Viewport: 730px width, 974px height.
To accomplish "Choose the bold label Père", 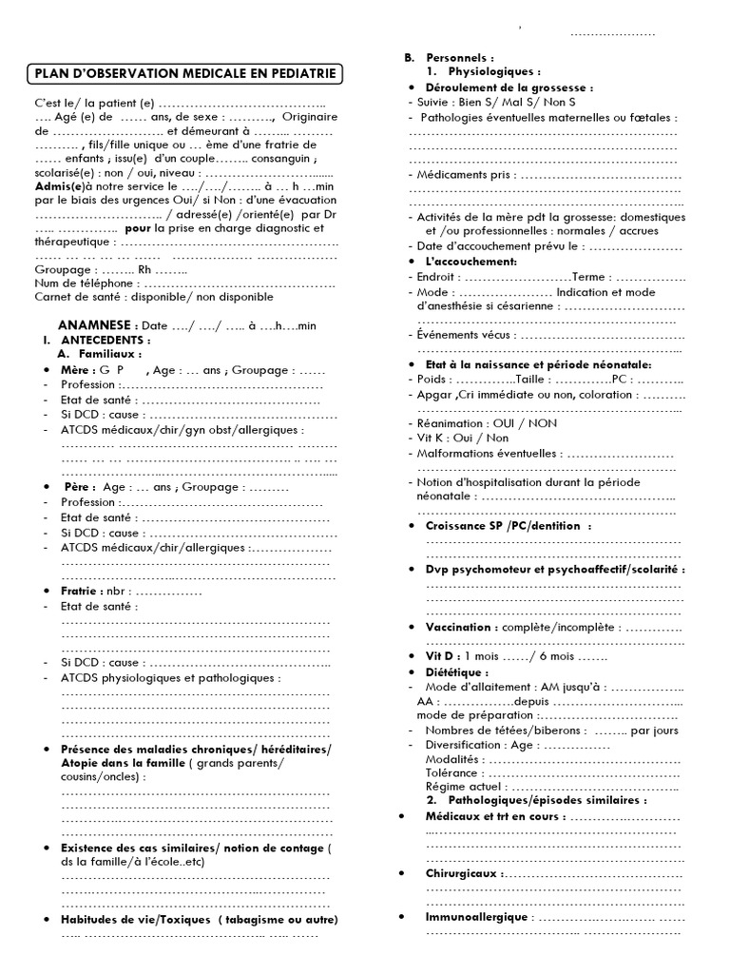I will (76, 486).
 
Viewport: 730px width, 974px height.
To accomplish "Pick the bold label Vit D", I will (442, 656).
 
